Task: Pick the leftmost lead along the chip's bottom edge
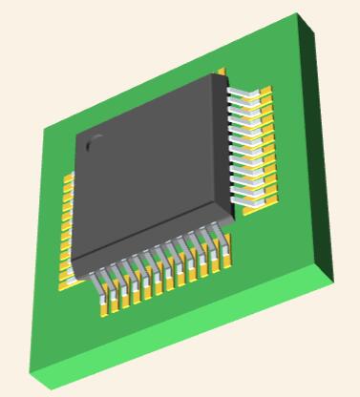click(98, 282)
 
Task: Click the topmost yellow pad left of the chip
click(68, 178)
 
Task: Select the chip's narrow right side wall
click(229, 143)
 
